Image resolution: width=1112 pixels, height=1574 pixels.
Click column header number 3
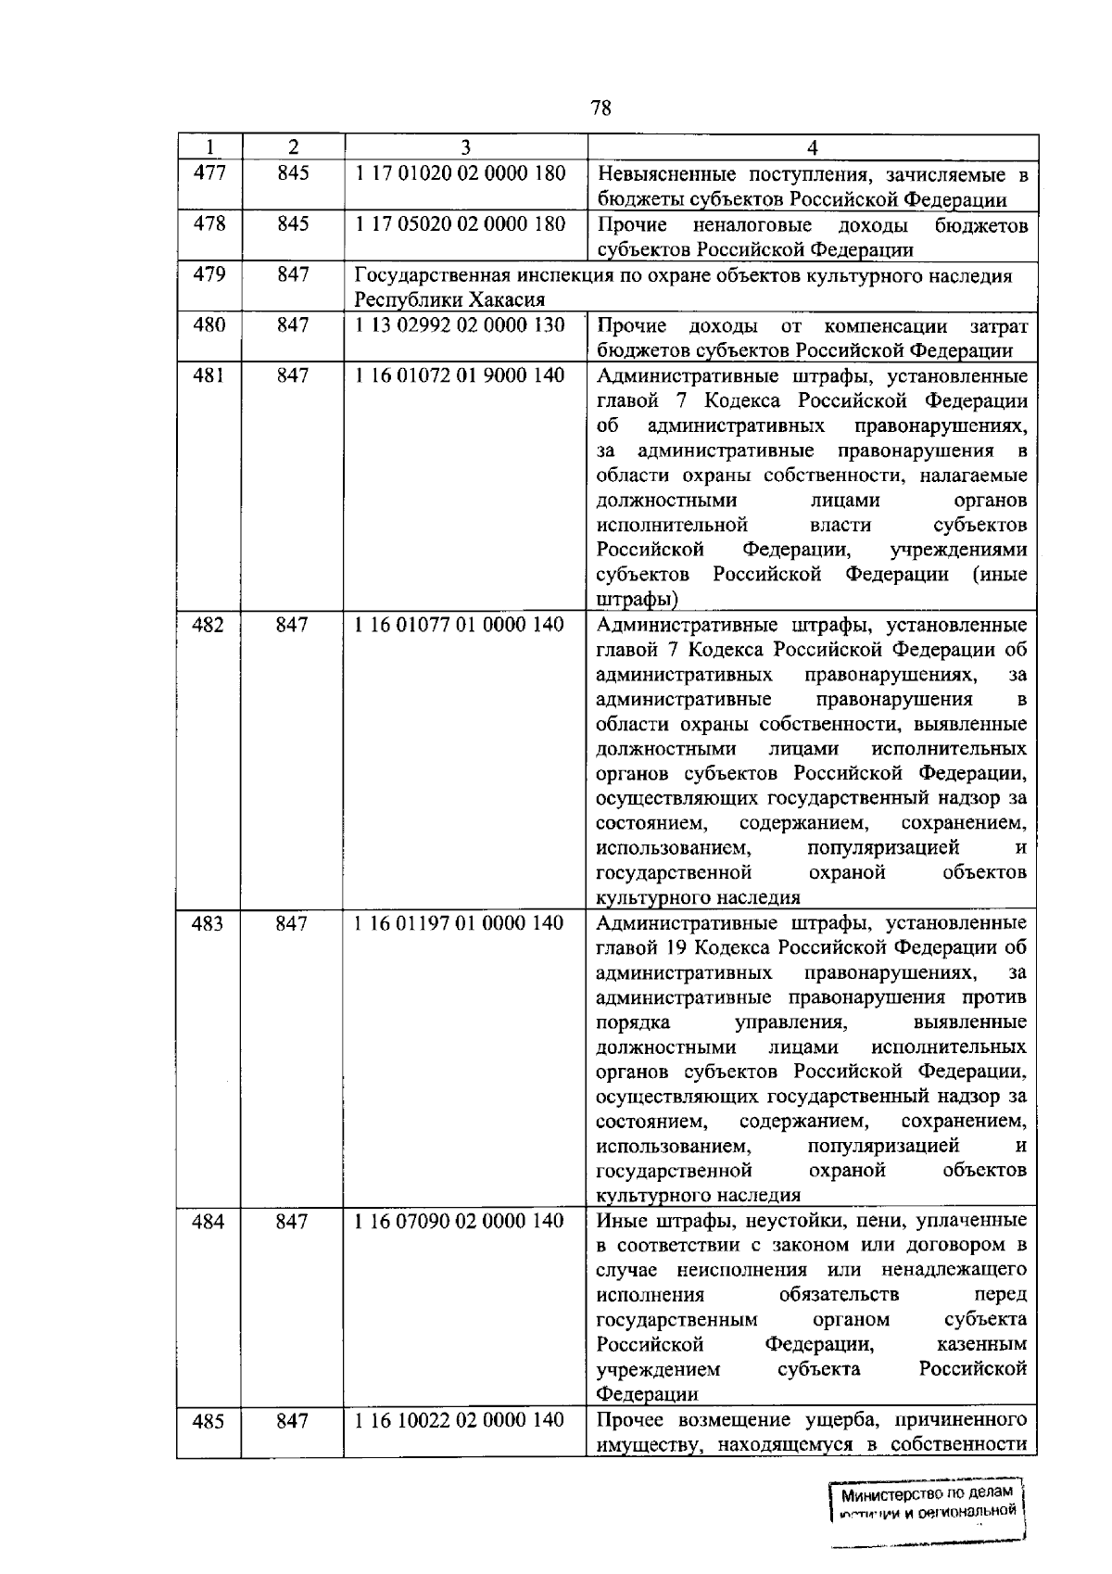pos(465,147)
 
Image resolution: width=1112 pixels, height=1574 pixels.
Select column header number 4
pos(812,147)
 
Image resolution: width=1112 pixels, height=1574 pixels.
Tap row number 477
pos(208,173)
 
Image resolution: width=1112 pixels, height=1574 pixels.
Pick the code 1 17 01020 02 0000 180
pos(460,173)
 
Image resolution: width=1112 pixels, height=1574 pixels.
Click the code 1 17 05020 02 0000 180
pos(460,224)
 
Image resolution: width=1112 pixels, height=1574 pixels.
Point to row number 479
pos(208,274)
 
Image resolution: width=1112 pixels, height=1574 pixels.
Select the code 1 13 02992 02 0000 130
pos(460,325)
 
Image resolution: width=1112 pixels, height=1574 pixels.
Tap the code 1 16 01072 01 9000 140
pos(460,375)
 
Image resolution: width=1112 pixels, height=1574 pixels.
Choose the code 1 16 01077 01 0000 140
pos(460,625)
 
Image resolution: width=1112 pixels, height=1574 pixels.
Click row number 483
pos(208,923)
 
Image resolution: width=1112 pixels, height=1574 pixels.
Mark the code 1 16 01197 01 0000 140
pos(460,923)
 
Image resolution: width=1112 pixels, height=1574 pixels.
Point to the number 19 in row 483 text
pos(676,948)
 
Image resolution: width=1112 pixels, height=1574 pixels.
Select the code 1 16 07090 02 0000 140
pos(460,1221)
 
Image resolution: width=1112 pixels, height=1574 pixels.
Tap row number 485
pos(208,1421)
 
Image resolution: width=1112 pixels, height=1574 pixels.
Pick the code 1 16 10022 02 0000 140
pos(460,1421)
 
